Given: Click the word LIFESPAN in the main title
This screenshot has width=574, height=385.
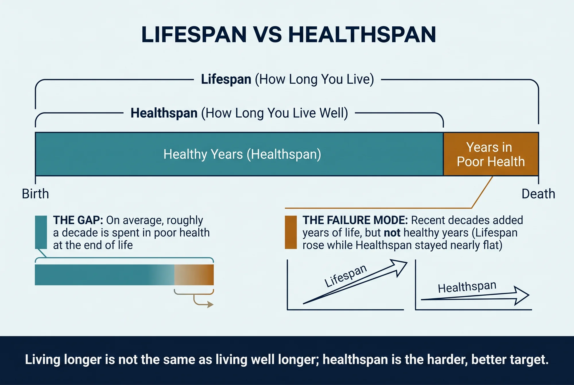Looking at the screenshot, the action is [194, 35].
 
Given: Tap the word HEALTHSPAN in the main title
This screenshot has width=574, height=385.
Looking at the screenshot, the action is [362, 35].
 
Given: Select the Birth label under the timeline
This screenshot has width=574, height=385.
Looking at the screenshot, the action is [35, 194].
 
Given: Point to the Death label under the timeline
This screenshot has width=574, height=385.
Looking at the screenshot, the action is [538, 194].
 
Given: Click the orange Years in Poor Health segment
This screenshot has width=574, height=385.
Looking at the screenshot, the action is [491, 154].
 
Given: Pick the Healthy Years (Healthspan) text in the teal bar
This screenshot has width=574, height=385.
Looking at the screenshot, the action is [242, 154].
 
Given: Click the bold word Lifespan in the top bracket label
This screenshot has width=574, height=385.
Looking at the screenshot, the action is [226, 79].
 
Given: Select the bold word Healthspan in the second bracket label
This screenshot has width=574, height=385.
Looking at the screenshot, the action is [164, 113].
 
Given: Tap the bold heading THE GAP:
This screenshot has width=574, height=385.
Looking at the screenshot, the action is [78, 220].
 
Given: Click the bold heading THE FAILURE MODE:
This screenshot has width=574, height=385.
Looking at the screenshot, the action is [355, 220].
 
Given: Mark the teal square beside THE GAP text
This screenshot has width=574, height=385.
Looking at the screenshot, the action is [41, 232].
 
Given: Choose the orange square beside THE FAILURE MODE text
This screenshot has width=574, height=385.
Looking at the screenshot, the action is [291, 232].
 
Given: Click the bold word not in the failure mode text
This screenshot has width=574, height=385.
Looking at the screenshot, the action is [392, 233].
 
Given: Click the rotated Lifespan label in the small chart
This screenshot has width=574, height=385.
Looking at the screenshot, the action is [346, 276].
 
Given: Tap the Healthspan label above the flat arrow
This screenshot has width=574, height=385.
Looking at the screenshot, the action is [467, 287].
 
